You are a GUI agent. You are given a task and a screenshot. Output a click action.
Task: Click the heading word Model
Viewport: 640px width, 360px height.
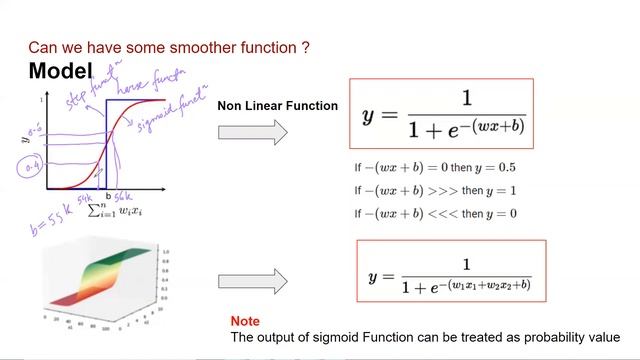tap(60, 71)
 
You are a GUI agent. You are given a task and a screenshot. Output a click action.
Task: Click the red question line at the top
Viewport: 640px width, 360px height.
tap(168, 46)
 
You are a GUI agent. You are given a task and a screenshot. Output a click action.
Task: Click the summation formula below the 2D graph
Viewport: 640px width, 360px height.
tap(109, 209)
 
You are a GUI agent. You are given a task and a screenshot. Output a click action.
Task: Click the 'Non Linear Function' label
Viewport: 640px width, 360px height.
tap(277, 105)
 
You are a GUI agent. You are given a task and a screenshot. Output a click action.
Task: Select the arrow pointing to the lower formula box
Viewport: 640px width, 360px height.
tap(252, 280)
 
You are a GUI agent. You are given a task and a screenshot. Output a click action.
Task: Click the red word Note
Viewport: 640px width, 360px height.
tap(245, 321)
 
